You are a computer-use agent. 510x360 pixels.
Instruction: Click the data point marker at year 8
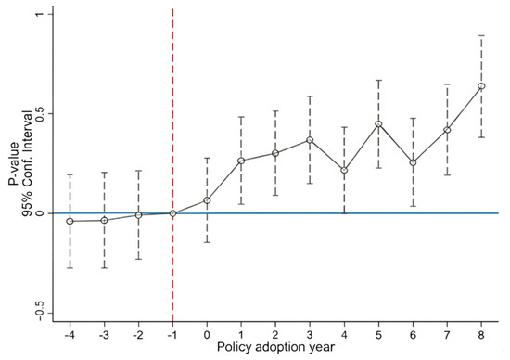(481, 86)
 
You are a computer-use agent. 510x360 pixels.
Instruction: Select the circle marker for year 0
(207, 200)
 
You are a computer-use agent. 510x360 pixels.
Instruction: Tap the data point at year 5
(378, 124)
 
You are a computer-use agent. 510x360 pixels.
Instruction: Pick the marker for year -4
(70, 222)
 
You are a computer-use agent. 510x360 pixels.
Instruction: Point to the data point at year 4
(344, 170)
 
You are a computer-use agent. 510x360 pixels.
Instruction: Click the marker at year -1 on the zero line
(172, 213)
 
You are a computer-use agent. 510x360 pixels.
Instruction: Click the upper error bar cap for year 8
(481, 35)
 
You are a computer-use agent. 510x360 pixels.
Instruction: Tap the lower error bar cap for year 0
(207, 242)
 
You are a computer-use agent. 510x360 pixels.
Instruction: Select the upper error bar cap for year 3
(310, 96)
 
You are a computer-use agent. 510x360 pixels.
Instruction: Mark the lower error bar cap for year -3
(104, 268)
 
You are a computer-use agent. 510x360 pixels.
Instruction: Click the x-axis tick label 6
(413, 335)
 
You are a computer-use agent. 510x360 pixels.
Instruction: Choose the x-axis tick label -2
(138, 335)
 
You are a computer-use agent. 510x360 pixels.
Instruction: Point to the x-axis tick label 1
(241, 335)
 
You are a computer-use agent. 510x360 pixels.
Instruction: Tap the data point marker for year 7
(447, 130)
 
